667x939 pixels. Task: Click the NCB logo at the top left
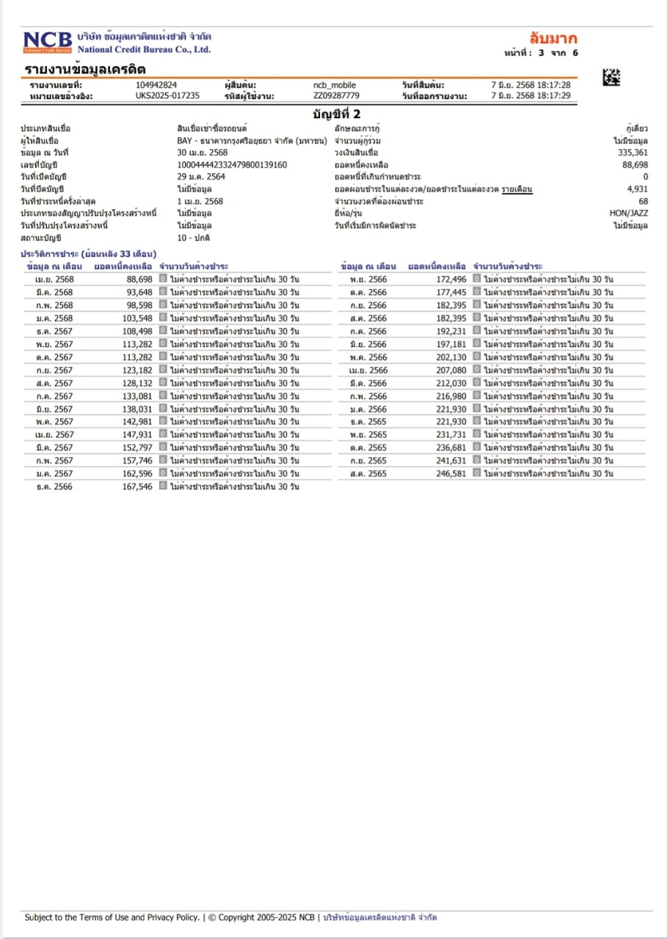pyautogui.click(x=48, y=42)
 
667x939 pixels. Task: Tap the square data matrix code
pyautogui.click(x=610, y=76)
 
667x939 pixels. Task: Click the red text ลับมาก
pyautogui.click(x=553, y=38)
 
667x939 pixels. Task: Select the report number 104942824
pyautogui.click(x=156, y=85)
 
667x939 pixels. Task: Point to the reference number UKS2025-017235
pyautogui.click(x=167, y=95)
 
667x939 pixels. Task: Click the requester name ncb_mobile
pyautogui.click(x=334, y=85)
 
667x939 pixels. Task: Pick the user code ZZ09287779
pyautogui.click(x=336, y=95)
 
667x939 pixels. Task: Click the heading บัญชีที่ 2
pyautogui.click(x=336, y=114)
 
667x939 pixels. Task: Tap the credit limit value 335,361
pyautogui.click(x=633, y=153)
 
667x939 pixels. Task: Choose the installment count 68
pyautogui.click(x=643, y=201)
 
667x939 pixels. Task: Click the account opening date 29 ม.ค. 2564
pyautogui.click(x=201, y=177)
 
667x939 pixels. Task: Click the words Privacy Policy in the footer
pyautogui.click(x=172, y=917)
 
